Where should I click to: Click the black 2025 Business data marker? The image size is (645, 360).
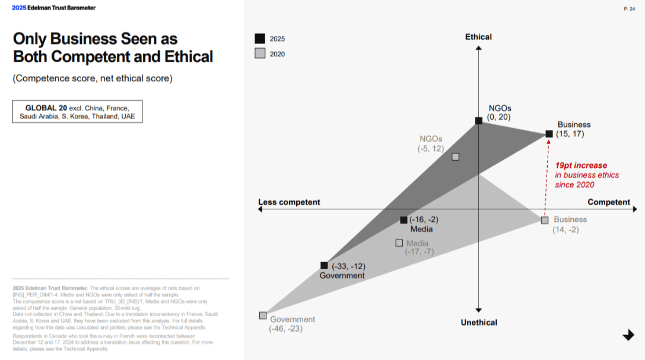[x=549, y=134]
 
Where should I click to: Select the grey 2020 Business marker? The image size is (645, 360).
[x=545, y=220]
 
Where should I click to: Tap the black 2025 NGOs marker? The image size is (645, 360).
[x=479, y=121]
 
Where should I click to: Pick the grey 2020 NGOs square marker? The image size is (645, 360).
[x=455, y=157]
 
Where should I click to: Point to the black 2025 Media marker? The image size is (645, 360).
[x=403, y=220]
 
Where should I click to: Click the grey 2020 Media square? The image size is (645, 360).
[x=399, y=243]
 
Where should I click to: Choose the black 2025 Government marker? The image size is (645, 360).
[x=324, y=266]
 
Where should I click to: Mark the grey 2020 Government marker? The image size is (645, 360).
[x=263, y=316]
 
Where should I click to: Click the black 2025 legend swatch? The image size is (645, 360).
[x=260, y=39]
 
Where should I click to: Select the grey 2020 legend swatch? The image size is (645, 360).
[x=260, y=53]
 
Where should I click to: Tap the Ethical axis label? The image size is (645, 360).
[x=478, y=37]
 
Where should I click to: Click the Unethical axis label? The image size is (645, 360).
[x=479, y=322]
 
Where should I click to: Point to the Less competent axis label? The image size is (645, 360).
[x=289, y=202]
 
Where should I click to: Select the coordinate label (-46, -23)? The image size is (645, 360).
[x=285, y=329]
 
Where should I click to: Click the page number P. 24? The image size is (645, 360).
[x=629, y=8]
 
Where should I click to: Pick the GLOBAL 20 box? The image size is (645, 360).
[x=77, y=111]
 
